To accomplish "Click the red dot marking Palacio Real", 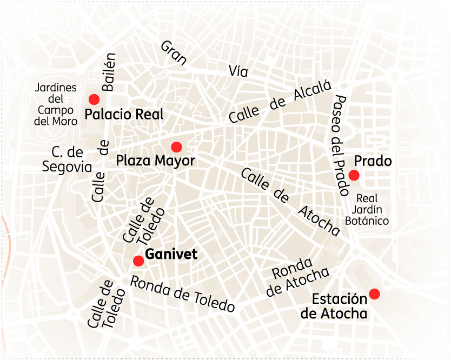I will [x=94, y=99].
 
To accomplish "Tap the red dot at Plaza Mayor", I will [x=176, y=147].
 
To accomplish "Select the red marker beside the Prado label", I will [x=354, y=175].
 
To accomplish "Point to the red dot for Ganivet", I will [x=138, y=261].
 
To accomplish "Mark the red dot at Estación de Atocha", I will [x=374, y=294].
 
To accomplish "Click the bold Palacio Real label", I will [x=124, y=115].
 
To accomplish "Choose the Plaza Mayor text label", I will [x=155, y=161].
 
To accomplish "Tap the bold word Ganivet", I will [x=172, y=255].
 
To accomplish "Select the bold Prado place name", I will [x=373, y=161].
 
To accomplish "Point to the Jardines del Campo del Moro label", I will [x=55, y=104].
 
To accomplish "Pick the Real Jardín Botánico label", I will [x=367, y=210].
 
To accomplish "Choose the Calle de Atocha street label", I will [x=290, y=202].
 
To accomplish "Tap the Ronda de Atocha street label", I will [x=296, y=276].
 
